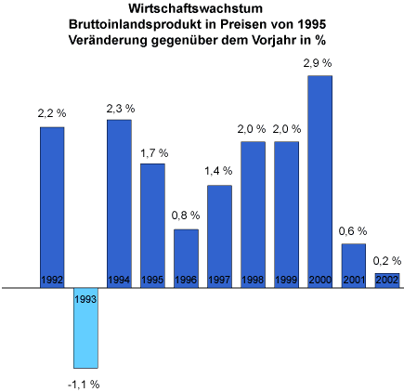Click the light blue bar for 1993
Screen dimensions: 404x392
tap(85, 328)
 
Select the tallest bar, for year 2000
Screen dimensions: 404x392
tap(319, 182)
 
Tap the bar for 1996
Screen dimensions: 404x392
tap(186, 258)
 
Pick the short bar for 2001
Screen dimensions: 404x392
tap(354, 266)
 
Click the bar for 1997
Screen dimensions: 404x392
tap(219, 237)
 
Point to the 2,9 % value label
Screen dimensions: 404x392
tap(318, 63)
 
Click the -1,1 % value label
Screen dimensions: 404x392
tap(84, 385)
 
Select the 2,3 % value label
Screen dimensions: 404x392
tap(121, 109)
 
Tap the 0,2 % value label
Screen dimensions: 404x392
tap(387, 261)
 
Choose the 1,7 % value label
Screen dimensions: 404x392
tap(154, 153)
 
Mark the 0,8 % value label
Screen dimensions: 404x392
tap(186, 216)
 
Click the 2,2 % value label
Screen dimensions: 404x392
tap(52, 113)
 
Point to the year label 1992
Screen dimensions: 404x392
tap(52, 280)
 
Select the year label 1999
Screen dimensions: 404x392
tap(286, 280)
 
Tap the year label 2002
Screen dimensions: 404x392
tap(387, 280)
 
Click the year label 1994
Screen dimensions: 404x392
tap(119, 280)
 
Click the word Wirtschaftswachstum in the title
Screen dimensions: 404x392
tap(196, 8)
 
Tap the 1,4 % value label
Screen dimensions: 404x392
tap(218, 171)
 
